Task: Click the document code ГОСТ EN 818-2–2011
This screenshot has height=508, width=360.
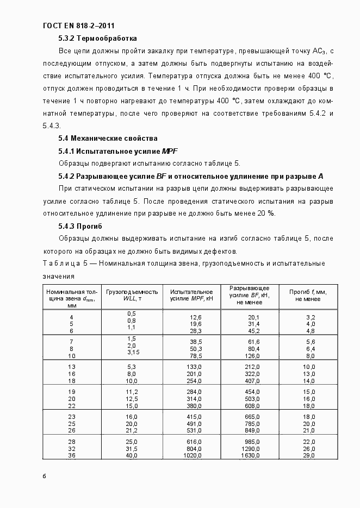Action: (78, 26)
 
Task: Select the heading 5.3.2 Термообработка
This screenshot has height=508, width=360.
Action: (97, 39)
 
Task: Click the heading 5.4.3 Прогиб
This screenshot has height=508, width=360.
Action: (80, 226)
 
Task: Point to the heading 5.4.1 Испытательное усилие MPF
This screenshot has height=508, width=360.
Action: (118, 150)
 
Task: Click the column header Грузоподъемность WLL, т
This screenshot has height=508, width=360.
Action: (132, 295)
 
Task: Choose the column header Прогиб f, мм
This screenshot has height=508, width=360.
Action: (308, 295)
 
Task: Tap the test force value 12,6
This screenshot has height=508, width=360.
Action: (196, 317)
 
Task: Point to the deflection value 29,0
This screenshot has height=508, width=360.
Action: (309, 455)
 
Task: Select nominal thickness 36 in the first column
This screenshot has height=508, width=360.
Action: (71, 455)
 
